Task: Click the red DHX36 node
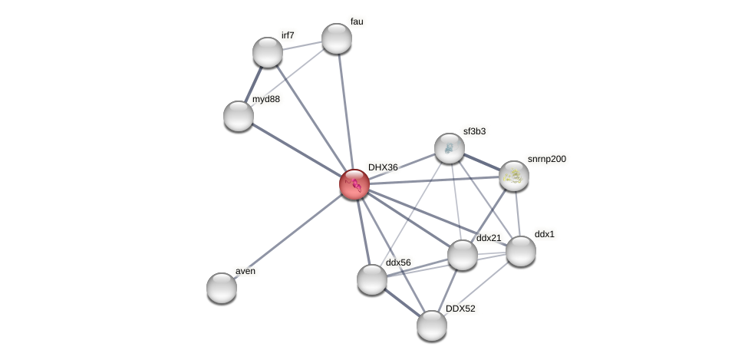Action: coord(354,184)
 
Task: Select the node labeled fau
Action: coord(337,38)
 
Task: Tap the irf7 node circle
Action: coord(268,52)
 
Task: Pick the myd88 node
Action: coord(239,116)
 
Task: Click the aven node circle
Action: coord(222,288)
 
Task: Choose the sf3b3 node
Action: coord(450,148)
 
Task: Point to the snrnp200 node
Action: coord(514,176)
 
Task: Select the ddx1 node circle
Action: coord(521,251)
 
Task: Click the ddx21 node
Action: coord(463,255)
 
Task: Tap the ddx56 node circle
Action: coord(372,279)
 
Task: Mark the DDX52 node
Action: coord(432,325)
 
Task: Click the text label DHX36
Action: coord(383,167)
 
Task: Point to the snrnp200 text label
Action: coord(547,159)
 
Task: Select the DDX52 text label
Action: coord(460,309)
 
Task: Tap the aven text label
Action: coord(245,271)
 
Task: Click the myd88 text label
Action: coord(266,99)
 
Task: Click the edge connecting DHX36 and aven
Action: coord(288,236)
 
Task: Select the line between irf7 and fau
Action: coord(302,45)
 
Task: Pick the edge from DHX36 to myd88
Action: coord(296,150)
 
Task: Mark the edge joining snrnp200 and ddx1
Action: coord(517,213)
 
